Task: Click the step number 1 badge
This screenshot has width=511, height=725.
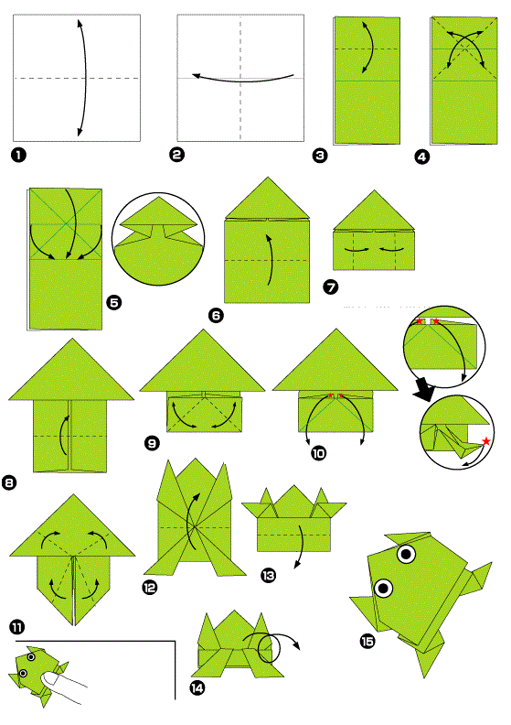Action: click(18, 155)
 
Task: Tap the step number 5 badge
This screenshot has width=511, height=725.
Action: click(114, 302)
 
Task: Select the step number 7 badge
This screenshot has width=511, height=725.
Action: click(331, 287)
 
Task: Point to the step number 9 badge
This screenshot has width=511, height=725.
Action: click(153, 443)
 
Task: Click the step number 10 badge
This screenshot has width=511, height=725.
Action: click(318, 453)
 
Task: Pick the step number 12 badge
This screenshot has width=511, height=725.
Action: click(150, 588)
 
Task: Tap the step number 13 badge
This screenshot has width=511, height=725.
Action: click(268, 575)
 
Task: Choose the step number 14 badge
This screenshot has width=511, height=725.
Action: click(197, 688)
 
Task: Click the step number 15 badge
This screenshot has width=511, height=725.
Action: click(367, 642)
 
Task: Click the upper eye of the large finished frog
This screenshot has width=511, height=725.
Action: click(406, 554)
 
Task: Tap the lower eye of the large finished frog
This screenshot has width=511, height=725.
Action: click(383, 588)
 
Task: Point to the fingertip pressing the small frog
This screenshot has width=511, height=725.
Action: click(48, 678)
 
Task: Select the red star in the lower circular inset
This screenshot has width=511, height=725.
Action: click(485, 441)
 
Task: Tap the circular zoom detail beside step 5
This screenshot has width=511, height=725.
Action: click(158, 239)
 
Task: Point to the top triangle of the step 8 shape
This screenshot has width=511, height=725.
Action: click(71, 369)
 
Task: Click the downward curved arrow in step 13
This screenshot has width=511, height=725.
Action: click(300, 546)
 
